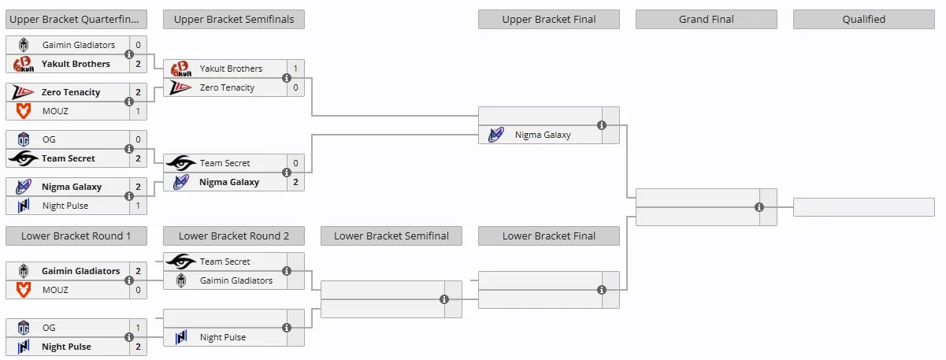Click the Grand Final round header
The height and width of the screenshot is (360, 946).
point(706,20)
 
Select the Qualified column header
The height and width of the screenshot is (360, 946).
point(863,20)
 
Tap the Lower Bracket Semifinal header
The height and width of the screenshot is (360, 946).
point(391,236)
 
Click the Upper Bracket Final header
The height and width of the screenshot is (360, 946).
point(548,20)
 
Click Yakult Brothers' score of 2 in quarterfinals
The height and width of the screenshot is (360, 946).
point(138,64)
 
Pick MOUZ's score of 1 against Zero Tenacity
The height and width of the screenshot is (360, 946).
point(138,111)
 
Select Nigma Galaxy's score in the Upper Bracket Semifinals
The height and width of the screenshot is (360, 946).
point(295,182)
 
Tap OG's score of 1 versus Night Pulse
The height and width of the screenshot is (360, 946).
point(138,328)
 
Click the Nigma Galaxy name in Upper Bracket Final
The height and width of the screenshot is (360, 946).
point(543,135)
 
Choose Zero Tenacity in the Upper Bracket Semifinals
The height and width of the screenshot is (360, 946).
point(227,87)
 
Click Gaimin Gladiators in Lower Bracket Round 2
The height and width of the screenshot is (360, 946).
point(236,280)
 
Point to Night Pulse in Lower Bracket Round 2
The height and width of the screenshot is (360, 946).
point(223,337)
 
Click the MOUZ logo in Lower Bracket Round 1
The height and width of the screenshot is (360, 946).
point(24,290)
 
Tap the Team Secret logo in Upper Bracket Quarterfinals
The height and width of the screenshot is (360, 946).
point(24,158)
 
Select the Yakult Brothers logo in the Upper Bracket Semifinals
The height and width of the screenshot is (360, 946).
point(181,69)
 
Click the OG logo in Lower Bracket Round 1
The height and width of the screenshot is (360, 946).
point(24,328)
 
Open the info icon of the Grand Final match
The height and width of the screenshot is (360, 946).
point(759,207)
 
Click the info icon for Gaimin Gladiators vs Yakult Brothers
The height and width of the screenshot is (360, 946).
point(129,54)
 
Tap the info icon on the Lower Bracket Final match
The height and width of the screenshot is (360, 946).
point(602,290)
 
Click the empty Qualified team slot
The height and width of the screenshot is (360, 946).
point(863,207)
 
